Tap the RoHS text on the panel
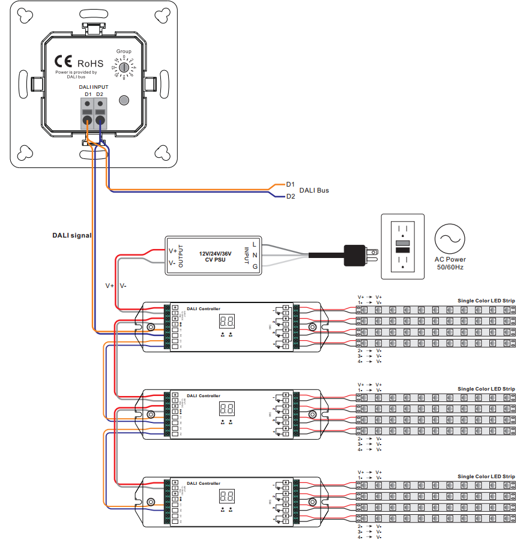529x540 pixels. click(90, 63)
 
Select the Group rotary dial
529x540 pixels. click(124, 69)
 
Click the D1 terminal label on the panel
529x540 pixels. click(88, 95)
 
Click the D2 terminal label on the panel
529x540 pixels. click(100, 95)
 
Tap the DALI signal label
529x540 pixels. click(72, 236)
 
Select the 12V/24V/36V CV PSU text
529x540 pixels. click(215, 256)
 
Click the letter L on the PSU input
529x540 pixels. click(255, 244)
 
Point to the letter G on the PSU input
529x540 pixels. click(255, 266)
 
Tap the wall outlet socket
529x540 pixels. click(403, 247)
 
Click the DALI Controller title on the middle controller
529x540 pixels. click(204, 396)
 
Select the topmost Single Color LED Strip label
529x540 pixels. click(486, 301)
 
